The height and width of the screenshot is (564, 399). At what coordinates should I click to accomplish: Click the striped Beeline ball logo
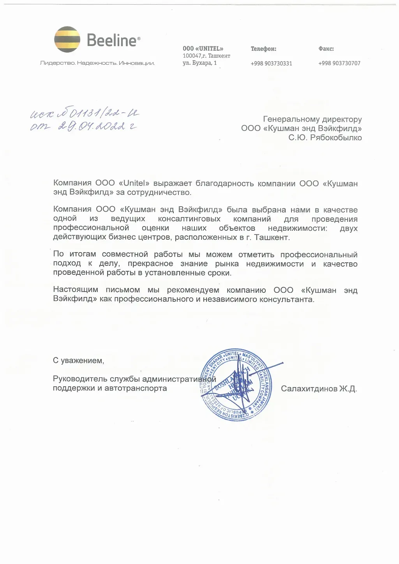click(67, 39)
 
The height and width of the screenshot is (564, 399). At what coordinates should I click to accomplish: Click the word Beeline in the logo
click(112, 40)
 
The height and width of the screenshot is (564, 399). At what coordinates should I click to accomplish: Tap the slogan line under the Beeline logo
click(97, 63)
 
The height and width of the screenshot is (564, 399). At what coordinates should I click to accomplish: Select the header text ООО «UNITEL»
click(203, 49)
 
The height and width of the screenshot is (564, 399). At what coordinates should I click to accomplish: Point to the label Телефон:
click(263, 49)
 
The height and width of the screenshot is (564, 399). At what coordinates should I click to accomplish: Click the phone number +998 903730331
click(271, 64)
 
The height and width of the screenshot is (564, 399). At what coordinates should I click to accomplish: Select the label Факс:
click(326, 49)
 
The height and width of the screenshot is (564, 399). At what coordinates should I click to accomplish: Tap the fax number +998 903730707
click(339, 63)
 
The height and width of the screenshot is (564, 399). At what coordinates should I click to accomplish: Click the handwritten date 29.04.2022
click(92, 126)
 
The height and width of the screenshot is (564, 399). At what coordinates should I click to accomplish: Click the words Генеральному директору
click(312, 119)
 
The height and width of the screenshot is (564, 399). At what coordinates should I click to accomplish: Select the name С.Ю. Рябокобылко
click(325, 138)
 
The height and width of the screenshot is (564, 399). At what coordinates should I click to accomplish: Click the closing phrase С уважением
click(78, 361)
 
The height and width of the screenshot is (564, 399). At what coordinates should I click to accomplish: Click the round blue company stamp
click(236, 385)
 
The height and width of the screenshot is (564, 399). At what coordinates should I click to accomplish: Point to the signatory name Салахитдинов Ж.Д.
click(319, 389)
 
